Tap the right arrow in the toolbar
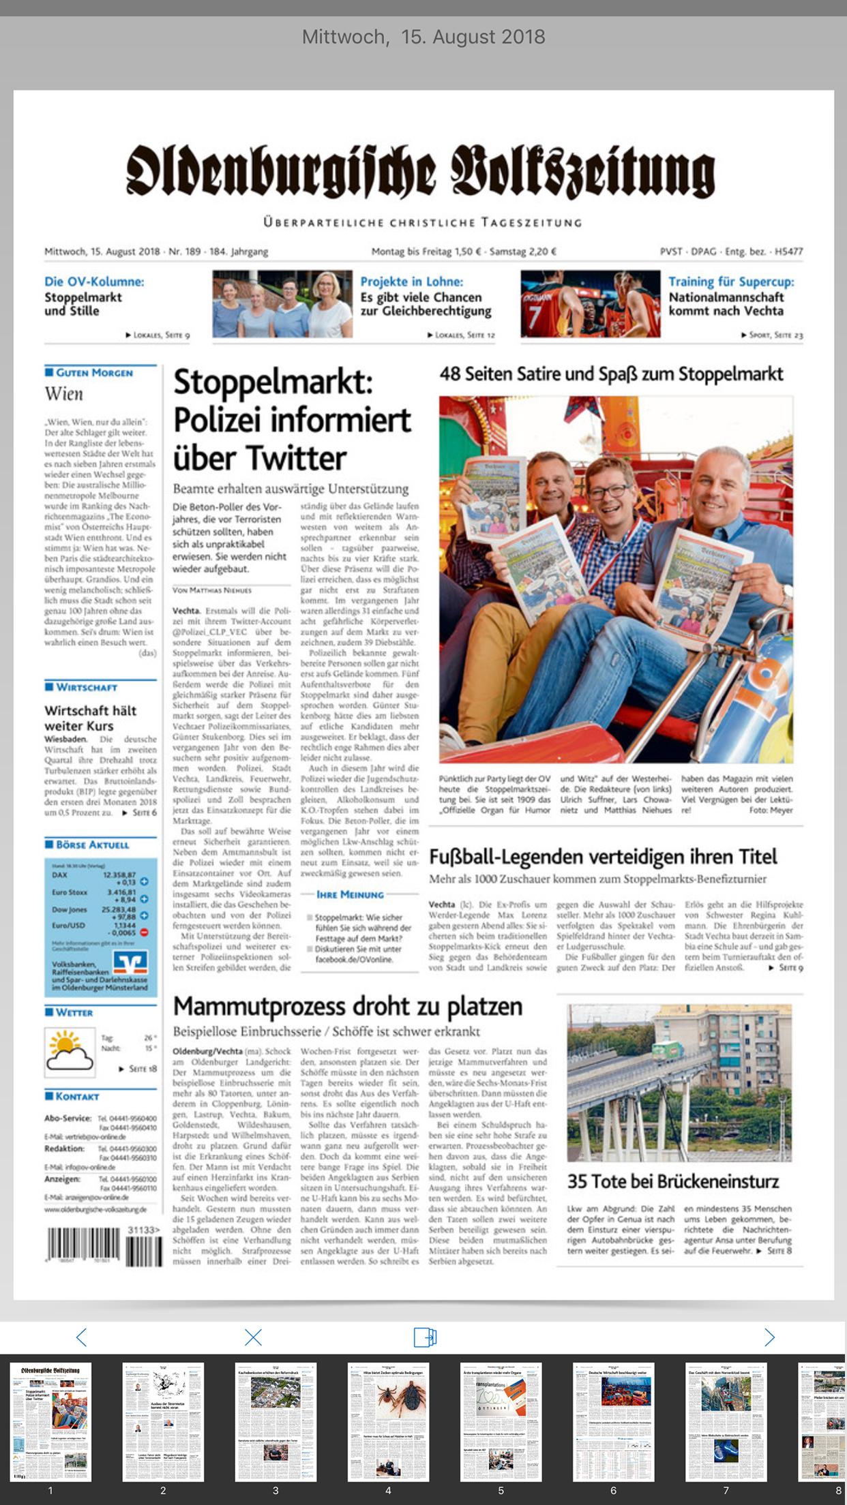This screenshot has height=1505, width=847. click(x=769, y=1337)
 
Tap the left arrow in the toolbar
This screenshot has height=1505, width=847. click(x=81, y=1337)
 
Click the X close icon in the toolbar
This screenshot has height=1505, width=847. click(x=253, y=1337)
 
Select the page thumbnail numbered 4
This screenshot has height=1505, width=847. click(x=388, y=1422)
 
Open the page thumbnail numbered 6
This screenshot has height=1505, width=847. click(x=613, y=1422)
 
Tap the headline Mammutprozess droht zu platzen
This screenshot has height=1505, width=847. click(x=348, y=1006)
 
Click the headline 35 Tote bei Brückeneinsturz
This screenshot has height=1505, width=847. click(x=673, y=1181)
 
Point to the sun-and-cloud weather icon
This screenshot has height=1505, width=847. click(x=70, y=1052)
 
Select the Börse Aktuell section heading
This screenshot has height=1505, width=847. click(x=92, y=845)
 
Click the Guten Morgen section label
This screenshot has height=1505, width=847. click(x=93, y=373)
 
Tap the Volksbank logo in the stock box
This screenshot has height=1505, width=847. click(x=130, y=962)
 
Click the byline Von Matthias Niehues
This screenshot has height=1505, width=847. click(x=212, y=590)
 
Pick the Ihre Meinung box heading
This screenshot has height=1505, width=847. click(x=350, y=894)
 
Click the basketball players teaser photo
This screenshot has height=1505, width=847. click(x=590, y=304)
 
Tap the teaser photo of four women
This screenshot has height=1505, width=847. click(x=282, y=304)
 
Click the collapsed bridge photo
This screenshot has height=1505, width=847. click(x=679, y=1082)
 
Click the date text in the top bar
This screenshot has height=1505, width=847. click(x=423, y=37)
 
